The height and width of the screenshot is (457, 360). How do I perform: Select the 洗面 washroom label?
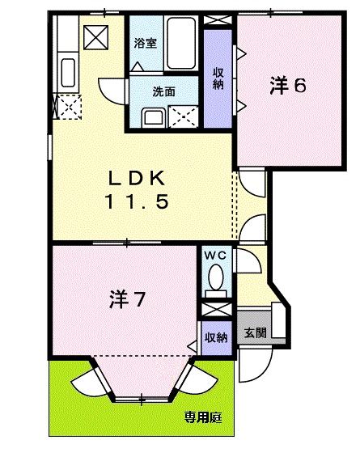tap(163, 91)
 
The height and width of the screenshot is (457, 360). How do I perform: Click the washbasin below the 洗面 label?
tap(153, 118)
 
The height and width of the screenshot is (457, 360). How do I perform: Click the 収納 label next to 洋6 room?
tap(218, 78)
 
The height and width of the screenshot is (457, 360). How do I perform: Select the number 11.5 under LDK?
tap(136, 203)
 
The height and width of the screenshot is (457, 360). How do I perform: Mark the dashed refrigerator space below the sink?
tap(66, 107)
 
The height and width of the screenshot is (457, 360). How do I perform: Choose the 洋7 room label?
tap(127, 301)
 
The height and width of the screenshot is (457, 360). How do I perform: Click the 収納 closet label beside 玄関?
tap(215, 337)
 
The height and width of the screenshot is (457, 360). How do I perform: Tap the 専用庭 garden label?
tap(203, 417)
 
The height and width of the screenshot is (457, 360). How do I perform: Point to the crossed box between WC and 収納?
tap(215, 311)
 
